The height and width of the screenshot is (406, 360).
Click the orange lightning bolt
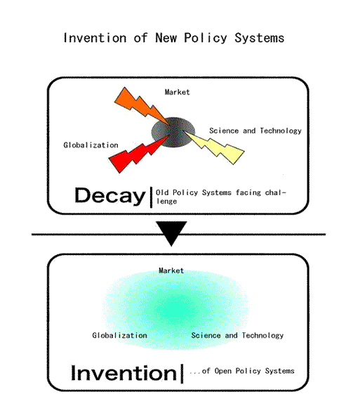coord(141,107)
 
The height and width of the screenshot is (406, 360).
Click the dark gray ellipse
coord(173,133)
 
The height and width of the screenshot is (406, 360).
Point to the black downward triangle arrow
coord(171,233)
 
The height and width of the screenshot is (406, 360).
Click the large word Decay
coord(110,196)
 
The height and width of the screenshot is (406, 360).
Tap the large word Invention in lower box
coord(124,373)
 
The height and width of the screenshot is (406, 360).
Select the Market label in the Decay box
coord(177,92)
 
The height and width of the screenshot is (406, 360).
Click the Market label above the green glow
coord(171,271)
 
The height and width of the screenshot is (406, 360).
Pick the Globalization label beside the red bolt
coord(91,145)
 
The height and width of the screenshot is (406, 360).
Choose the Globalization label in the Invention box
coord(119,335)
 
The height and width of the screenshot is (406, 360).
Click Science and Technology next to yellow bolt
coord(255,131)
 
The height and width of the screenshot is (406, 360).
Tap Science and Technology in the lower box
coord(237,336)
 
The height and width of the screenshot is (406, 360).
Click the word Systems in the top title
coord(259,38)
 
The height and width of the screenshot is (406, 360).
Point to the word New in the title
coord(166,38)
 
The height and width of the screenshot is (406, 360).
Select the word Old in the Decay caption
coord(162,192)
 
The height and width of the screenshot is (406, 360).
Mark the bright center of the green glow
coord(176,310)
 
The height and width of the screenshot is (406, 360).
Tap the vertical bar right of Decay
coord(152,197)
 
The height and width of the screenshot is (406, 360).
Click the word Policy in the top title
coord(206,39)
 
